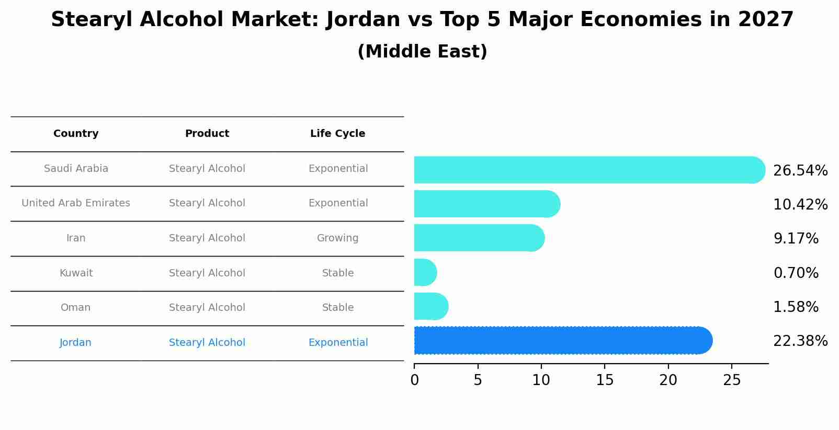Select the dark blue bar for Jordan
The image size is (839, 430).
point(562,341)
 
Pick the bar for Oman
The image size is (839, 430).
point(430,307)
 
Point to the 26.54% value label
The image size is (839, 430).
point(800,171)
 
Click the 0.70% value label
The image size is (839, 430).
point(796,273)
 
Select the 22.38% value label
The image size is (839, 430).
point(800,341)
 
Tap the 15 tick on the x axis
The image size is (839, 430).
point(605,380)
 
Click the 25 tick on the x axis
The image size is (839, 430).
point(732,380)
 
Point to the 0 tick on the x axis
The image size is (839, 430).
point(414,380)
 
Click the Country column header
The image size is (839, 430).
point(76,134)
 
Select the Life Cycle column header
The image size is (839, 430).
point(337,134)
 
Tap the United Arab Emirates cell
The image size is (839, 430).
point(76,203)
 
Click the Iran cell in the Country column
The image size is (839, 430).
point(76,238)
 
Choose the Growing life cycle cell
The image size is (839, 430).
point(337,238)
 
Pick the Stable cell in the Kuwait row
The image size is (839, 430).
point(337,273)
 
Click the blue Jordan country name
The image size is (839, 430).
point(75,343)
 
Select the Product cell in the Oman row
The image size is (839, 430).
point(207,308)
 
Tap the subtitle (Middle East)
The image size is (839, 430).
point(422,52)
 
